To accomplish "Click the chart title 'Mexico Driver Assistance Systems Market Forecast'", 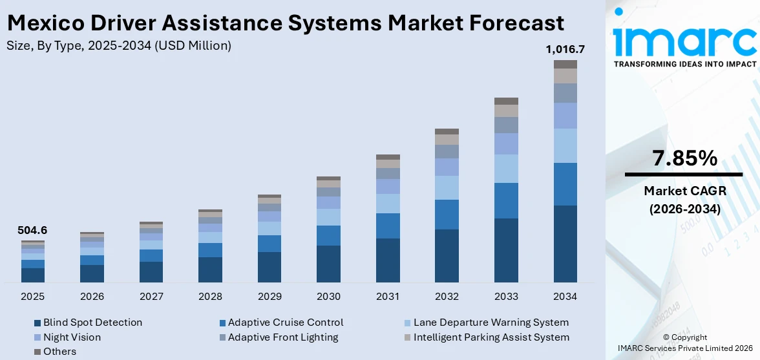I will pyautogui.click(x=285, y=23).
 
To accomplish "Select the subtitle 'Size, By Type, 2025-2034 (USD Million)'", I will pyautogui.click(x=118, y=46).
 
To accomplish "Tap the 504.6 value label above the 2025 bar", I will pyautogui.click(x=33, y=230).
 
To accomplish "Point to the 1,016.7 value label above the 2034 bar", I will pyautogui.click(x=565, y=49).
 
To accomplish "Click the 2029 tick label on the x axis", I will pyautogui.click(x=269, y=297).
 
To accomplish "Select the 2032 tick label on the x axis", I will pyautogui.click(x=447, y=297).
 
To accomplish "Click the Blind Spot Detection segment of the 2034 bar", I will pyautogui.click(x=565, y=244).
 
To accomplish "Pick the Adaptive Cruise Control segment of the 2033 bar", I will pyautogui.click(x=506, y=200).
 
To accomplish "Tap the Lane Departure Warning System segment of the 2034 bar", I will pyautogui.click(x=565, y=145).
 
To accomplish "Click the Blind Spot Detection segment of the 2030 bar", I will pyautogui.click(x=328, y=264).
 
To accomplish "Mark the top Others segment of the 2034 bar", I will pyautogui.click(x=565, y=64).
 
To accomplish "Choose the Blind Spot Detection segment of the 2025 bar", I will pyautogui.click(x=33, y=275).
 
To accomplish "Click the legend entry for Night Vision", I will pyautogui.click(x=72, y=337).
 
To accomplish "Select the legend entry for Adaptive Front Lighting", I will pyautogui.click(x=282, y=337).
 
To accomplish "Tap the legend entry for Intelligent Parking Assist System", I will pyautogui.click(x=491, y=337).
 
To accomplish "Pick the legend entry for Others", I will pyautogui.click(x=59, y=352).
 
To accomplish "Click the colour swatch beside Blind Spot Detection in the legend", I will pyautogui.click(x=37, y=323).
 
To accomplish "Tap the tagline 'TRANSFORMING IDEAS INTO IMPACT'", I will pyautogui.click(x=684, y=64).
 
